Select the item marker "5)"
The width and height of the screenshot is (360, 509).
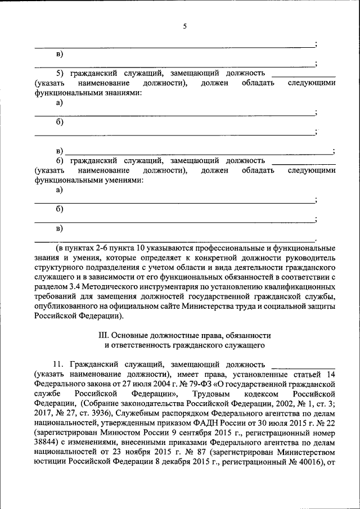[x=60, y=74]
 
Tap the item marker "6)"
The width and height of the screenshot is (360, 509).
[x=60, y=161]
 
